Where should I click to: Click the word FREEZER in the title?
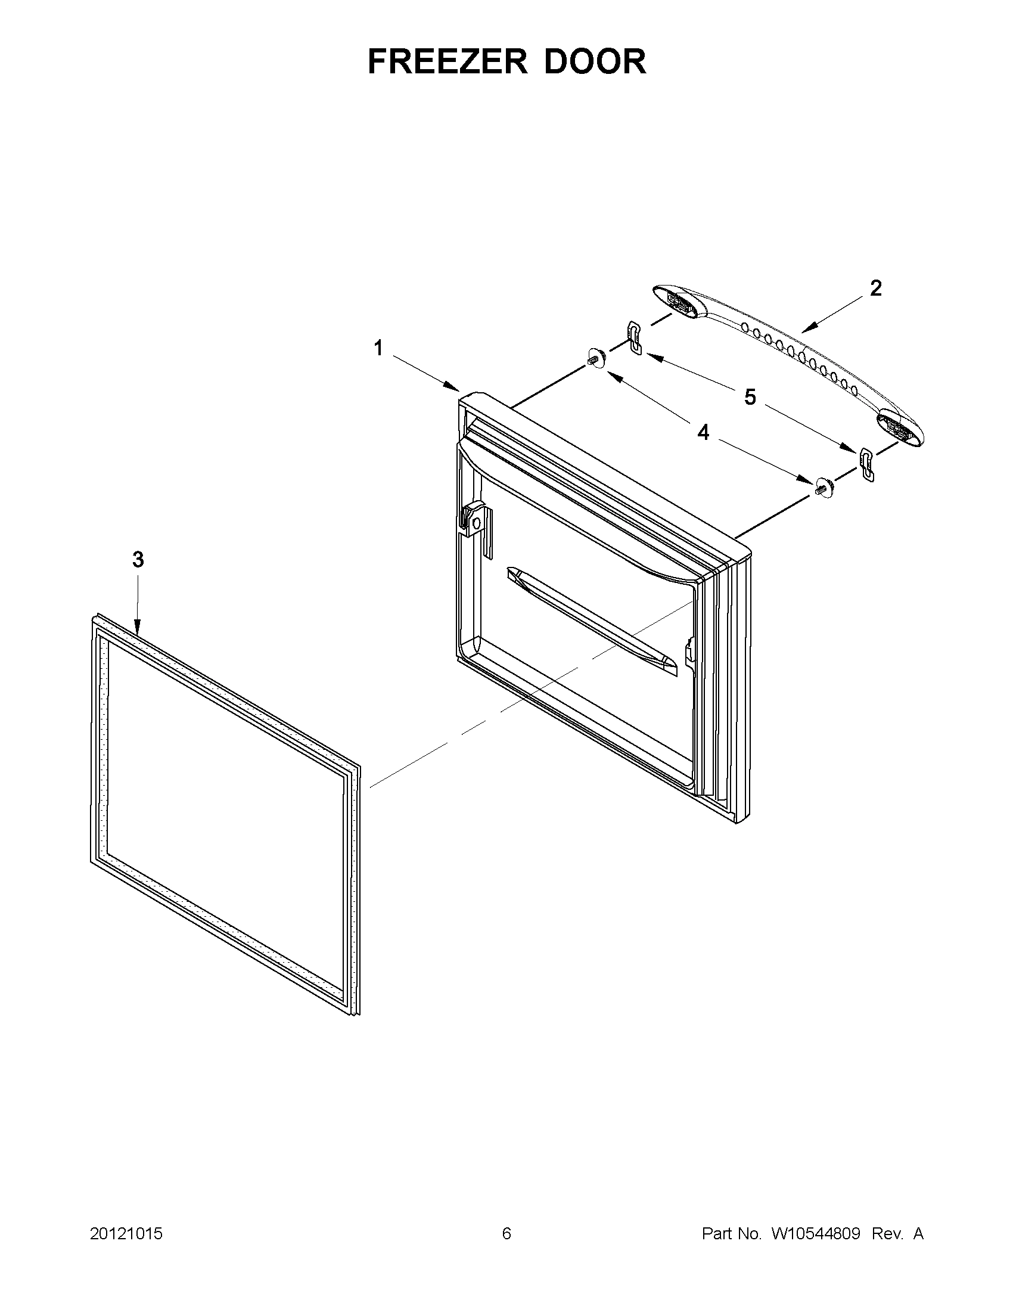(448, 61)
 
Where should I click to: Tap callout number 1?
(378, 348)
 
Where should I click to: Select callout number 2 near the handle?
(875, 289)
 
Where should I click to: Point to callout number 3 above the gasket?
(138, 560)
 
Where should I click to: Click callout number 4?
(703, 432)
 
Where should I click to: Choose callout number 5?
(750, 397)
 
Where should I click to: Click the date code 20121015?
(126, 1234)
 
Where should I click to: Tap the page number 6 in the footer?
(506, 1234)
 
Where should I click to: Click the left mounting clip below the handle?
(633, 337)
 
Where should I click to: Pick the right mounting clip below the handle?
(867, 464)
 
